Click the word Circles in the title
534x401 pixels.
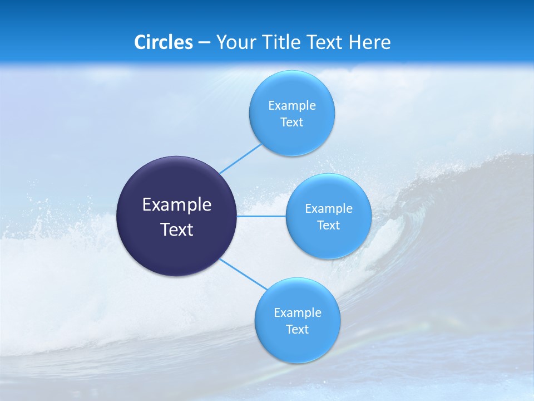coord(164,42)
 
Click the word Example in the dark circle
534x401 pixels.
coord(177,205)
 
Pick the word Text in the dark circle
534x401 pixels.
coord(177,229)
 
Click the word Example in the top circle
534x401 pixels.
coord(292,106)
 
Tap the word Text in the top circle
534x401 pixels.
coord(292,123)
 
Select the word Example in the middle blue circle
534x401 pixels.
coord(329,209)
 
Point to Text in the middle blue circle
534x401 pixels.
coord(329,226)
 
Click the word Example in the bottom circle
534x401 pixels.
coord(298,313)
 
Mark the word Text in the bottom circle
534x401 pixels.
coord(298,330)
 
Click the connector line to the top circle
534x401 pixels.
coord(240,159)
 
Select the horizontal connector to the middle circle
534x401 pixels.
coord(261,216)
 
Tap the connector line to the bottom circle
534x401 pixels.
coord(243,274)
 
